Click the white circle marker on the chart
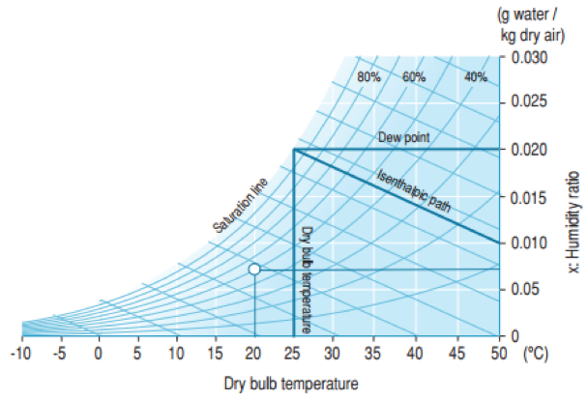point(254,269)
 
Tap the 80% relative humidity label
point(368,77)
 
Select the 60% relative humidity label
point(414,77)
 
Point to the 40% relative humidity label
point(475,77)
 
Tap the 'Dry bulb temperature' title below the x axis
point(291,384)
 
